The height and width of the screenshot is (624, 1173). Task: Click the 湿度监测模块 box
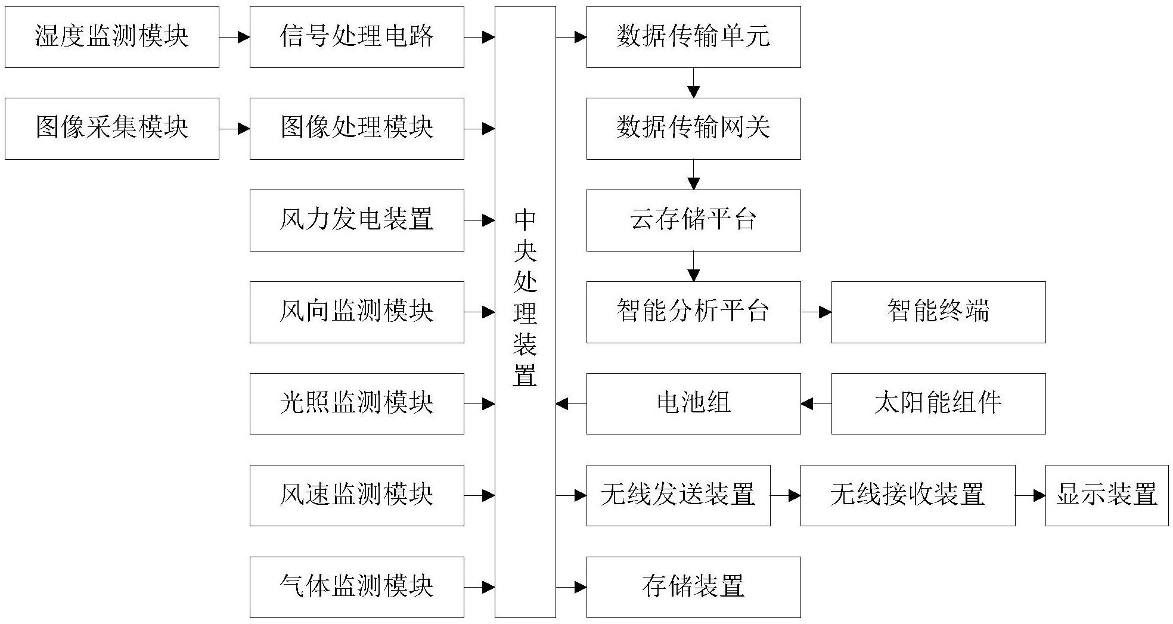112,37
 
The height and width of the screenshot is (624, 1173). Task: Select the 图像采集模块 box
112,129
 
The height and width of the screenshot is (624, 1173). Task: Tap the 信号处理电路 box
356,37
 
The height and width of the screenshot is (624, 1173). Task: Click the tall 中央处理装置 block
525,312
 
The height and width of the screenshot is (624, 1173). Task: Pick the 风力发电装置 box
356,221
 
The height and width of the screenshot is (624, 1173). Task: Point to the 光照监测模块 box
356,403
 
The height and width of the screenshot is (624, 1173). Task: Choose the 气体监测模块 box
356,587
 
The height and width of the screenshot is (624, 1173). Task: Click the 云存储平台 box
693,221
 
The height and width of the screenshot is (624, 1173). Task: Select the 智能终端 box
938,312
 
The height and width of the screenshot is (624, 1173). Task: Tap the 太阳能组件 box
938,403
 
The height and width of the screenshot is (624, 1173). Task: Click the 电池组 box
693,403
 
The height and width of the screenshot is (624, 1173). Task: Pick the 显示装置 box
1107,495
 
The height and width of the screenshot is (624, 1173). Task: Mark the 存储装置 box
693,587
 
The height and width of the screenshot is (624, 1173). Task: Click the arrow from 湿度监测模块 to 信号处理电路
234,37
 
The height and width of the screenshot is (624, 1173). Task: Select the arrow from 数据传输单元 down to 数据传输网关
693,83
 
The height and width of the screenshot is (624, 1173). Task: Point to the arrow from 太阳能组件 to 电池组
816,404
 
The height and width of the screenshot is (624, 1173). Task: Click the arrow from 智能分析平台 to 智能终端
816,312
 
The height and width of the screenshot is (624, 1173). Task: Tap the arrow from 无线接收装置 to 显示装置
1030,495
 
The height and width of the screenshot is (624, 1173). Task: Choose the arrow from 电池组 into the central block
571,404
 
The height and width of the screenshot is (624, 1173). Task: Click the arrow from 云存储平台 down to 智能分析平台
693,266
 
